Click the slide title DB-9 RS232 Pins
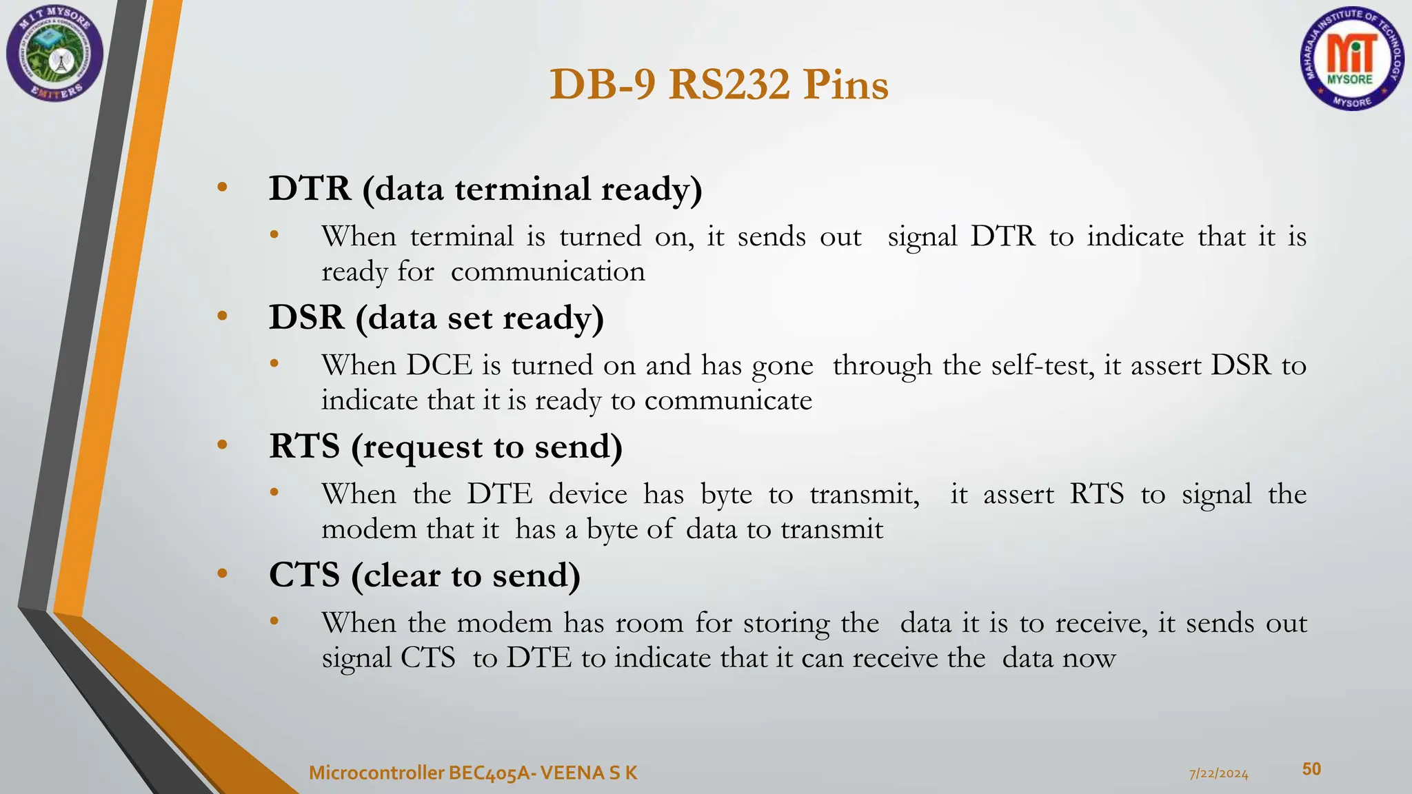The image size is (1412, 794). coord(718,85)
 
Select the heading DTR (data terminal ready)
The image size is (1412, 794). coord(485,188)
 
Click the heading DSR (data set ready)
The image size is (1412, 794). coord(436,317)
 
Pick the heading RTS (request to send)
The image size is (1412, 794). coord(445,446)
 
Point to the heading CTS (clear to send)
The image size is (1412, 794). coord(424,575)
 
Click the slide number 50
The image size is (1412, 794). coord(1311,769)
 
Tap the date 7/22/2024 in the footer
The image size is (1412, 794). coord(1218,773)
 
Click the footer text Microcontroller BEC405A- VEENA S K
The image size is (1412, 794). coord(473,773)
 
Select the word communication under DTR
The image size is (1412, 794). coord(547,272)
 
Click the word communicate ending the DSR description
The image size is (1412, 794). coord(728,400)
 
